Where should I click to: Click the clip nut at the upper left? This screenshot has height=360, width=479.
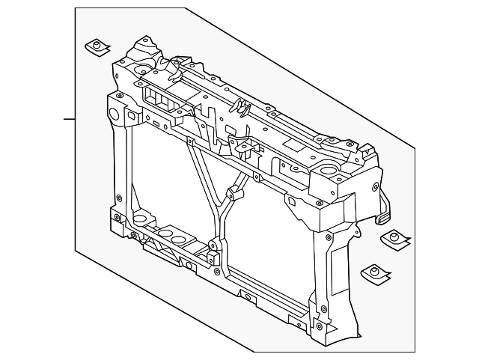[x=97, y=47]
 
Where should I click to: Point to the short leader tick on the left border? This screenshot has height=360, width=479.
[x=69, y=118]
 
